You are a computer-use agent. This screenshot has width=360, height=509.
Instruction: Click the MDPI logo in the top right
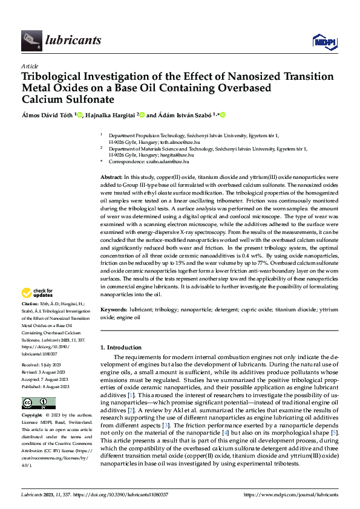click(x=324, y=41)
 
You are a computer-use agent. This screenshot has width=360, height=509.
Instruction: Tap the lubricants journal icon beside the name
click(x=31, y=41)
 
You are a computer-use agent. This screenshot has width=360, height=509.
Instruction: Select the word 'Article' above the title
click(x=30, y=66)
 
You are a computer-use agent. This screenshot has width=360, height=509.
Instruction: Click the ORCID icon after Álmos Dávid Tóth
click(x=79, y=115)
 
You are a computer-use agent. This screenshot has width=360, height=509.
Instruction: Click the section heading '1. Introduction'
click(x=120, y=348)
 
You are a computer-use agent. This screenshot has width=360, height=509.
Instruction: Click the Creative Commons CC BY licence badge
click(x=38, y=403)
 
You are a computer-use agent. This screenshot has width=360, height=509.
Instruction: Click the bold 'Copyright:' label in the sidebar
click(x=32, y=416)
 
